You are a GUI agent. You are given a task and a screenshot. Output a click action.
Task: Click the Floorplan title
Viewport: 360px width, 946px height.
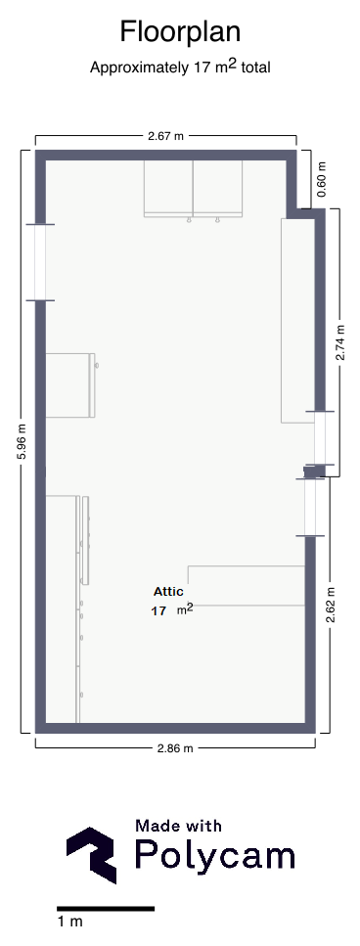tap(180, 32)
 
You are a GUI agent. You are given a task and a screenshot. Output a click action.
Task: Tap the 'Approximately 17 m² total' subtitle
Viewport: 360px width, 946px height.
tap(180, 67)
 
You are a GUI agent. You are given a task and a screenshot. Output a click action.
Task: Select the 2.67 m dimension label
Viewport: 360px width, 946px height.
tap(166, 136)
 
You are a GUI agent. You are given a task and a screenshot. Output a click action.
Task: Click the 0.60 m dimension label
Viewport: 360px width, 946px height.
tap(322, 179)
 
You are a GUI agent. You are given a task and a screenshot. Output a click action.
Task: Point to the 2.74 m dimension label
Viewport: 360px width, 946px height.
tap(340, 342)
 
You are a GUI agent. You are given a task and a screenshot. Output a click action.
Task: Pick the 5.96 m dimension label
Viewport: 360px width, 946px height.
tap(22, 441)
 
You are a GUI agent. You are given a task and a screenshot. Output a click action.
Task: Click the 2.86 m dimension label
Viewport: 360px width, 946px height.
tap(175, 748)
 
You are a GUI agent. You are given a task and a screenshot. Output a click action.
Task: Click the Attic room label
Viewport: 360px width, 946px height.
tap(168, 592)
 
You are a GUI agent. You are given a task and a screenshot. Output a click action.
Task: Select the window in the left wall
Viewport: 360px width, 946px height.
tap(40, 262)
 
